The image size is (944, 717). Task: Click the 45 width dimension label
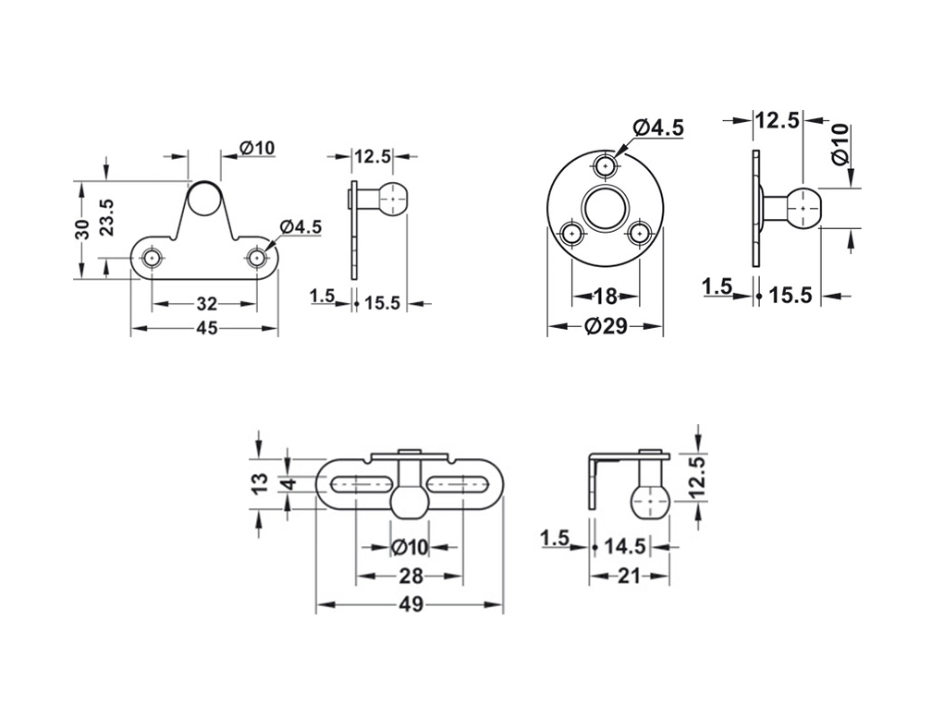pyautogui.click(x=206, y=328)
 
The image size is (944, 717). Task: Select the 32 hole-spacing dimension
pyautogui.click(x=206, y=304)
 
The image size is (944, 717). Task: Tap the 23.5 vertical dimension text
pyautogui.click(x=106, y=217)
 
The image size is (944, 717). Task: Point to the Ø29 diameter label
pyautogui.click(x=606, y=326)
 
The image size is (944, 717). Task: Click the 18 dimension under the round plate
pyautogui.click(x=606, y=296)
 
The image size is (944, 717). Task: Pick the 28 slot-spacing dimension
pyautogui.click(x=411, y=577)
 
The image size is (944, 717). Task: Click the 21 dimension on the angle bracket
pyautogui.click(x=629, y=577)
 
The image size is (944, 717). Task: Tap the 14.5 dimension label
pyautogui.click(x=625, y=547)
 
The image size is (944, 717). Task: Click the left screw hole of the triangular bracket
pyautogui.click(x=153, y=258)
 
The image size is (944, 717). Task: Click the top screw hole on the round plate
pyautogui.click(x=606, y=164)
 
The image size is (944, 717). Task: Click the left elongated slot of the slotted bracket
pyautogui.click(x=358, y=483)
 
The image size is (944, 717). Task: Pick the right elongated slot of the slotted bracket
pyautogui.click(x=461, y=483)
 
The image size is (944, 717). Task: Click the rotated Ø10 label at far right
pyautogui.click(x=840, y=145)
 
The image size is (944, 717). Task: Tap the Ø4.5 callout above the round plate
pyautogui.click(x=658, y=128)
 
